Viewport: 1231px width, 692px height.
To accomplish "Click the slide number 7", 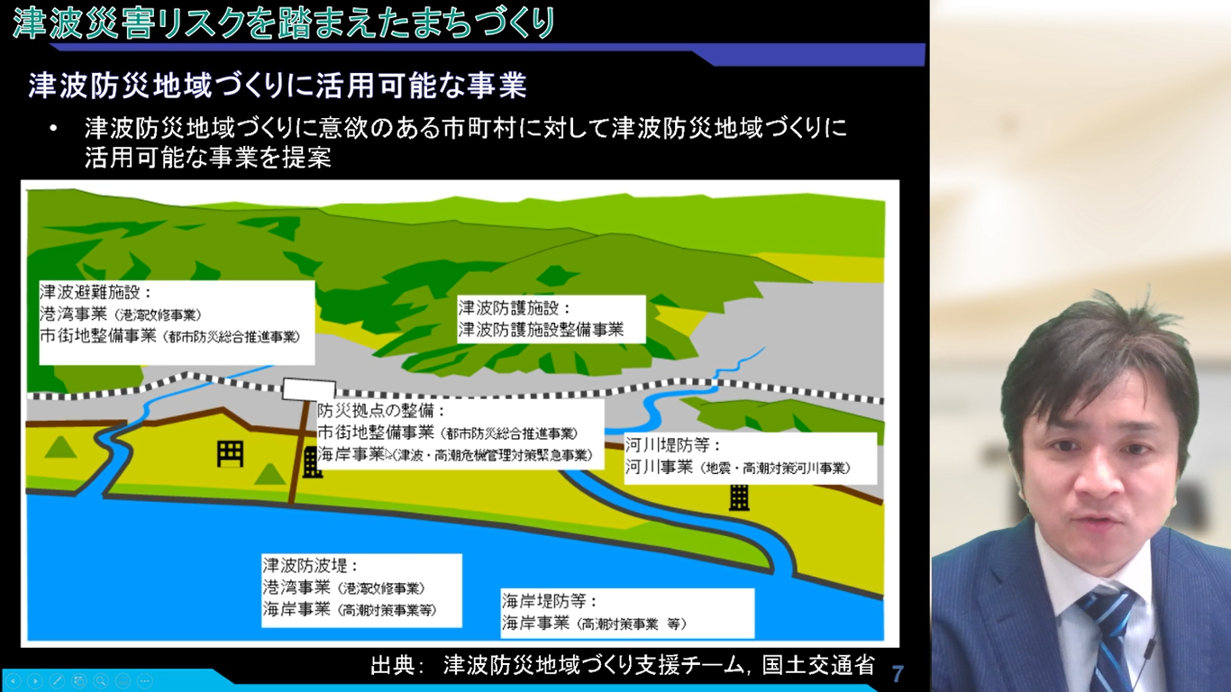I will [x=898, y=673].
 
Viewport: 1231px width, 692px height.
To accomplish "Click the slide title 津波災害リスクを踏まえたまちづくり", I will [x=283, y=23].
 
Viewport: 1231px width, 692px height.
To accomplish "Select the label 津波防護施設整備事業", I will [x=541, y=330].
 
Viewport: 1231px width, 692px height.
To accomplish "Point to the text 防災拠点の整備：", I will [x=381, y=410].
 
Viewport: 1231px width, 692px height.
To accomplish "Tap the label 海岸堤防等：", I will [x=550, y=601].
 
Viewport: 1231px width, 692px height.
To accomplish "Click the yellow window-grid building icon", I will [x=230, y=453].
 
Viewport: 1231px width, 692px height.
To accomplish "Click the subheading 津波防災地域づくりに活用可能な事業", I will [x=278, y=86].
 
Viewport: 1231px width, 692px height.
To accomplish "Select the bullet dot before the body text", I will [x=56, y=128].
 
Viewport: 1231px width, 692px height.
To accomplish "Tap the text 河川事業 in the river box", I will [x=660, y=468].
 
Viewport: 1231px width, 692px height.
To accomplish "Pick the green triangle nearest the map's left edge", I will [x=61, y=446].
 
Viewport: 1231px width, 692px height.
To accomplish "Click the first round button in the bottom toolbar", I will [x=13, y=681].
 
